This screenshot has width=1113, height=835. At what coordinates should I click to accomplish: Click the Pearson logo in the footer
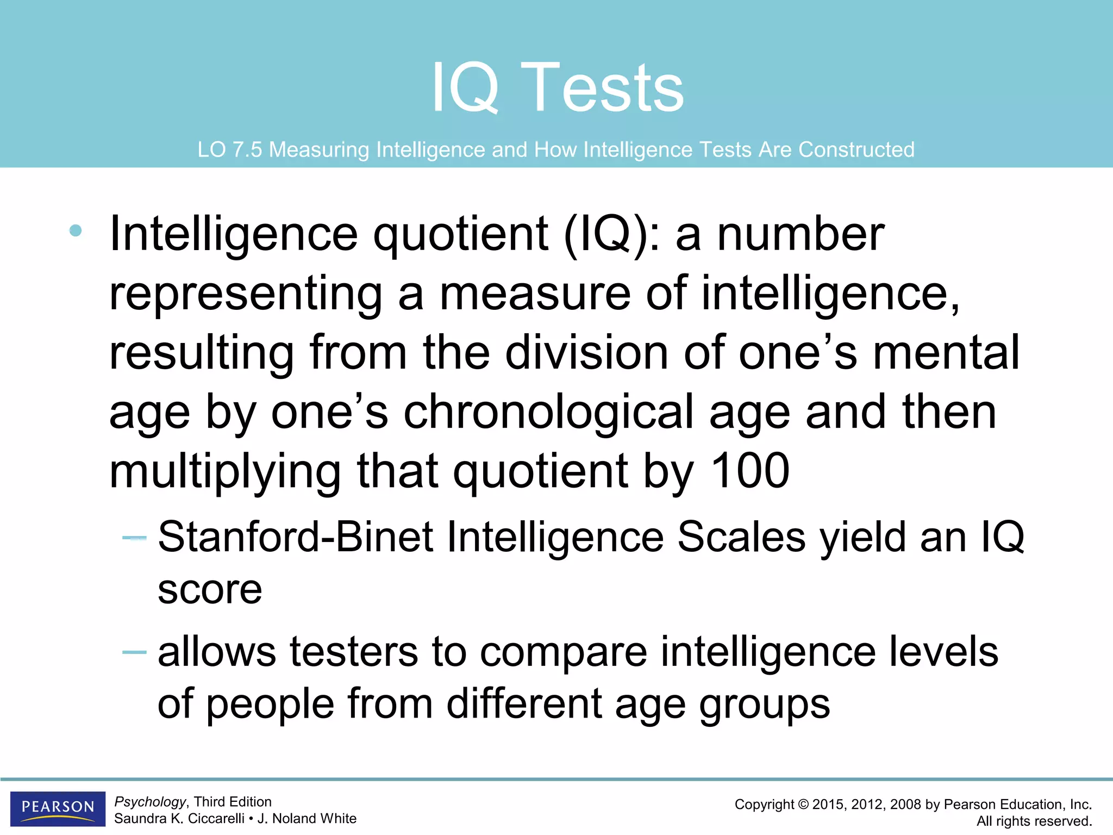click(x=58, y=808)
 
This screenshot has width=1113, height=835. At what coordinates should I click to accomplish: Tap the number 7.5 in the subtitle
click(x=247, y=149)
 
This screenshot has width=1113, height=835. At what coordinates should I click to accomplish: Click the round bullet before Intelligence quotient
click(x=76, y=230)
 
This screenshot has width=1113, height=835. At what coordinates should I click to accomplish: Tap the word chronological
click(x=548, y=412)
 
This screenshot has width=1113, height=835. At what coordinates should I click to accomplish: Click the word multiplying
click(x=225, y=471)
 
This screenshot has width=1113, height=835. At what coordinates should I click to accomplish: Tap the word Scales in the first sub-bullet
click(x=741, y=537)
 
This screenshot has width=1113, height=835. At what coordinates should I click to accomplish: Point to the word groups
click(x=764, y=705)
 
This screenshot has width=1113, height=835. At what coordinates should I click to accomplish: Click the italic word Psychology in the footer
click(x=150, y=802)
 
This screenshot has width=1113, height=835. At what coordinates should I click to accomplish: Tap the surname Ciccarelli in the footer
click(x=215, y=819)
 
